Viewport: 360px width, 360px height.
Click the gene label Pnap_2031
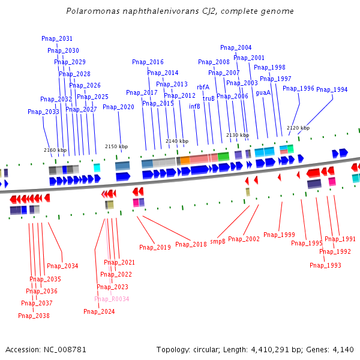point(57,38)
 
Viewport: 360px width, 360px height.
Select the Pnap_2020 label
point(118,107)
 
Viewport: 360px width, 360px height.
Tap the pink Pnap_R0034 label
point(112,299)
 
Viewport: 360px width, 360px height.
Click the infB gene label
point(194,106)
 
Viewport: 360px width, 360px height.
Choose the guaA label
point(263,92)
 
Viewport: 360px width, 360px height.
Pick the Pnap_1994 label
point(332,89)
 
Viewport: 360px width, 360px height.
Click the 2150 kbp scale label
point(116,146)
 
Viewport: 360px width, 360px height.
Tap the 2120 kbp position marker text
point(298,128)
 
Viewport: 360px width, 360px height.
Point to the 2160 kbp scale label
point(55,150)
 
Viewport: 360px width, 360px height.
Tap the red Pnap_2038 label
point(34,316)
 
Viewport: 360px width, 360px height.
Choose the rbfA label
point(203,87)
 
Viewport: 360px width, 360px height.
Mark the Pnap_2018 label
point(191,244)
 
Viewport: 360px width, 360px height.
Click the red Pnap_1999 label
point(279,235)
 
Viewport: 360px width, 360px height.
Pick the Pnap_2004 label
point(236,47)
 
